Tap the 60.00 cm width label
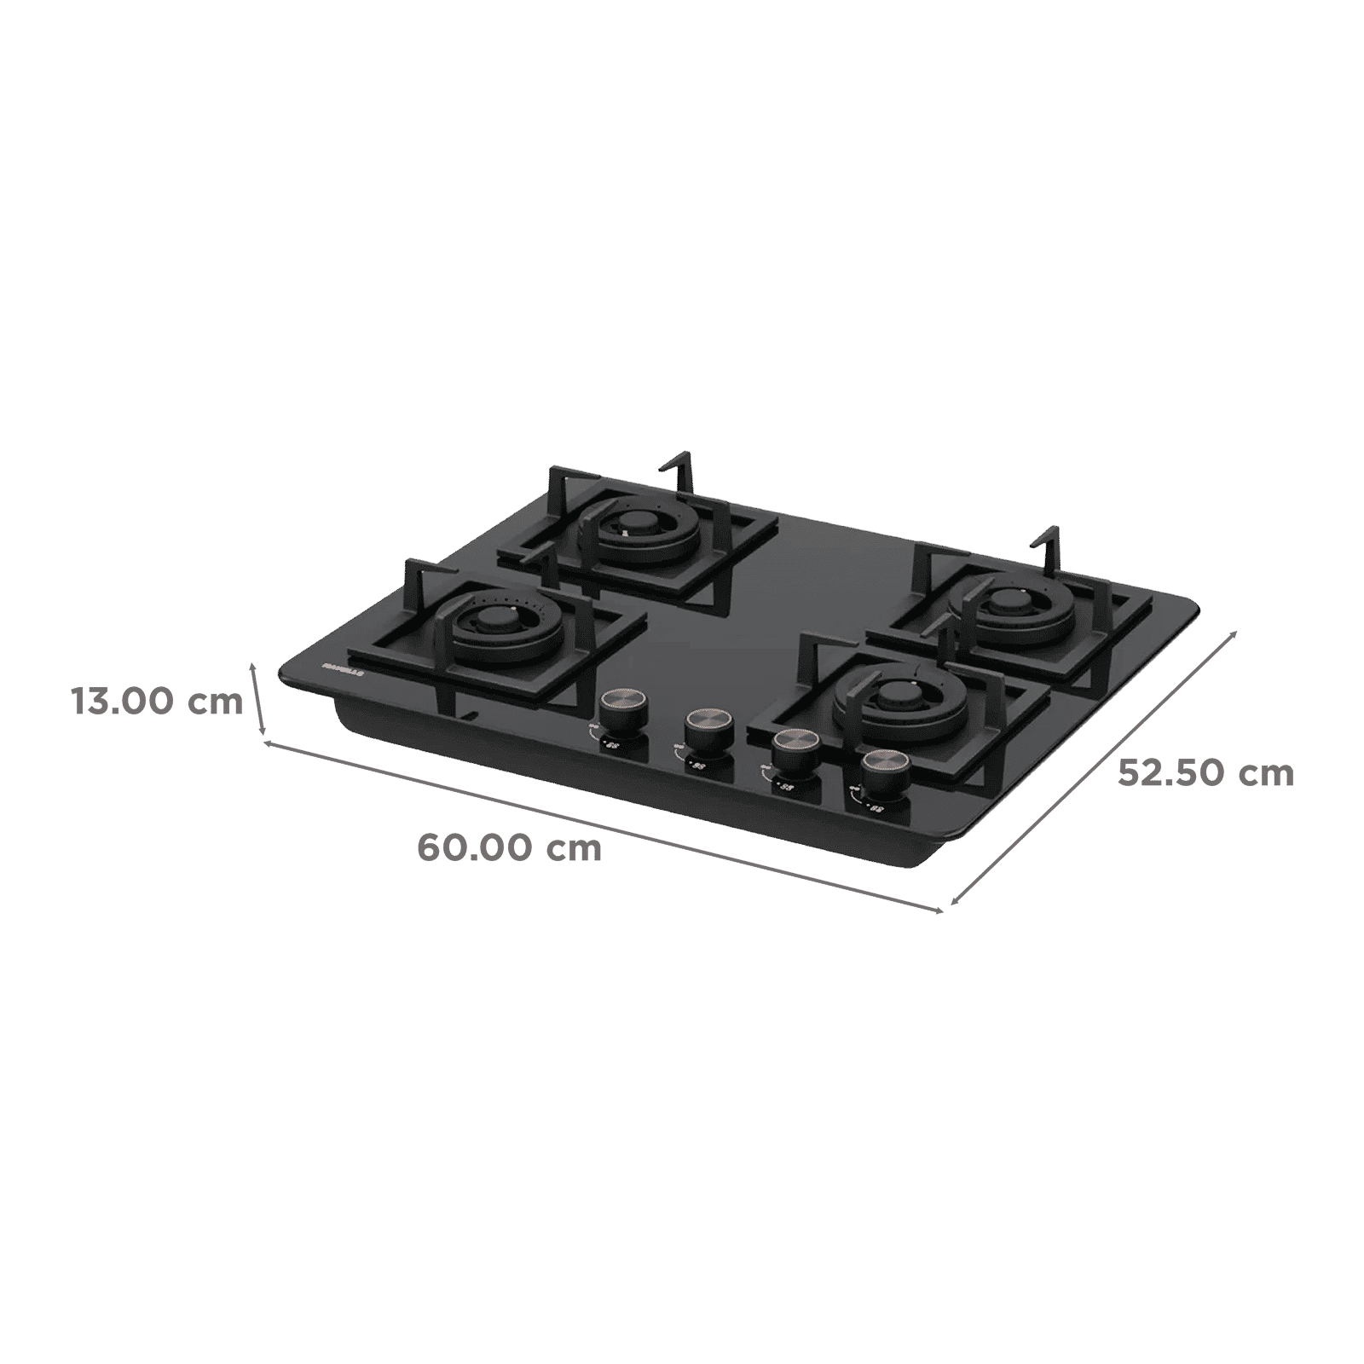pos(509,848)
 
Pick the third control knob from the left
pos(794,748)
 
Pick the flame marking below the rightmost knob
pos(867,803)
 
